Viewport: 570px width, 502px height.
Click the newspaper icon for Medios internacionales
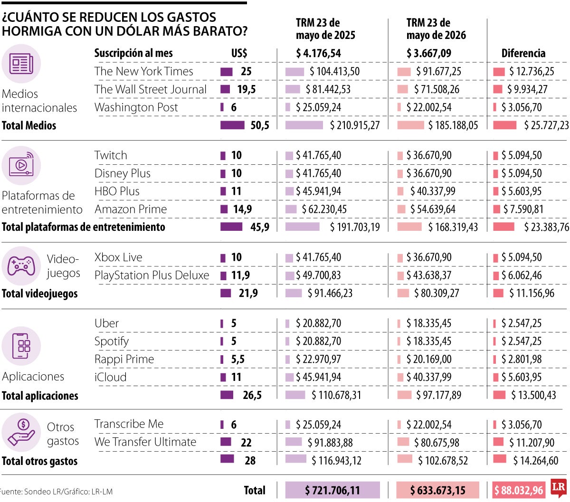click(x=21, y=64)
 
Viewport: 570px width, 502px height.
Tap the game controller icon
click(x=21, y=266)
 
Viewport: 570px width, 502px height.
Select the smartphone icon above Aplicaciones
click(x=21, y=346)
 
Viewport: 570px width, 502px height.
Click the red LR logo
click(x=558, y=488)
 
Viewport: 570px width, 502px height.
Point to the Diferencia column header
click(x=523, y=53)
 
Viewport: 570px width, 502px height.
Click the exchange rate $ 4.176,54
click(x=318, y=53)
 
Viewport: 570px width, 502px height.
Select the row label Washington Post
click(x=136, y=107)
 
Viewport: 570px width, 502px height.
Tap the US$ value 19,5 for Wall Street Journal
click(x=246, y=89)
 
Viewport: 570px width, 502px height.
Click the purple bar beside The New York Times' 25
click(x=226, y=72)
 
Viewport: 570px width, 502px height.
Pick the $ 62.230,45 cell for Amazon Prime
click(x=324, y=209)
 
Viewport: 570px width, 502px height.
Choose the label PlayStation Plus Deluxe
click(x=152, y=275)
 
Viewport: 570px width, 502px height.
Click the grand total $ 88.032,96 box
click(x=519, y=490)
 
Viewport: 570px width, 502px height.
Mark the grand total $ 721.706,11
click(x=332, y=490)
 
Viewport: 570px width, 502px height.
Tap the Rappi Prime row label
click(x=124, y=359)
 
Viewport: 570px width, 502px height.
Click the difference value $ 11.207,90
click(x=532, y=442)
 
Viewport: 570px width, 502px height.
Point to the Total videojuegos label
click(x=40, y=294)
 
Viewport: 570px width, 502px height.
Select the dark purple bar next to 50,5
click(x=232, y=125)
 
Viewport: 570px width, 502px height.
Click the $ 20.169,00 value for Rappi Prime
click(x=429, y=359)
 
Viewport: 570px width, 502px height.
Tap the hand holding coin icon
click(x=21, y=432)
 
